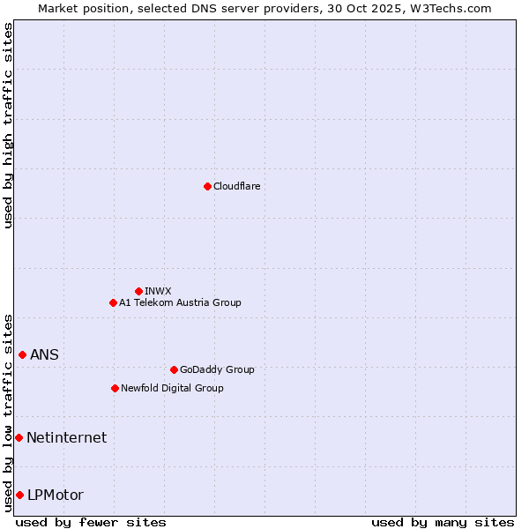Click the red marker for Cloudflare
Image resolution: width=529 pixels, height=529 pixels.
pos(207,186)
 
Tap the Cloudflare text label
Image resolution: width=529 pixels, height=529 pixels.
pos(236,186)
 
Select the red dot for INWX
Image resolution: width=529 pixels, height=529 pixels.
pos(138,291)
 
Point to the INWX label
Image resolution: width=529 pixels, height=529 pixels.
pos(158,291)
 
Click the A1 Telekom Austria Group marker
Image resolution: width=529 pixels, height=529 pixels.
pos(113,302)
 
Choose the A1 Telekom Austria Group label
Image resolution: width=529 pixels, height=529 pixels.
pos(180,302)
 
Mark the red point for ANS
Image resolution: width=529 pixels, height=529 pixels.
pos(22,354)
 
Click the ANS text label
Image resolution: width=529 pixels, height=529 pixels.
pos(45,354)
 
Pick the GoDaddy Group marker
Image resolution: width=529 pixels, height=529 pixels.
pos(174,369)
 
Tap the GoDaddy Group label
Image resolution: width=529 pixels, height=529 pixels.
pos(216,369)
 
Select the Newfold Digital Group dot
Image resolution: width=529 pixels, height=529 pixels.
pos(115,388)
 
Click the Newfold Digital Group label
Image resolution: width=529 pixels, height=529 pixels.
pos(172,388)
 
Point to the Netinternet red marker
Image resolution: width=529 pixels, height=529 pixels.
pos(19,437)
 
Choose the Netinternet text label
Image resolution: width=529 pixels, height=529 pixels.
pos(66,437)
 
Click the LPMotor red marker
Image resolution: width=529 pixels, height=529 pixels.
pos(19,495)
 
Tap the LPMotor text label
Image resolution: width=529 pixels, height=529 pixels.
pos(56,495)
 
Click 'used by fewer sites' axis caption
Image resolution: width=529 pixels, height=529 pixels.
pos(91,522)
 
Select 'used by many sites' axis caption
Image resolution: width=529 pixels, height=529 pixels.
pos(443,522)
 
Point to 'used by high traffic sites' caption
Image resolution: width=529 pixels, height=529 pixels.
pos(8,125)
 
